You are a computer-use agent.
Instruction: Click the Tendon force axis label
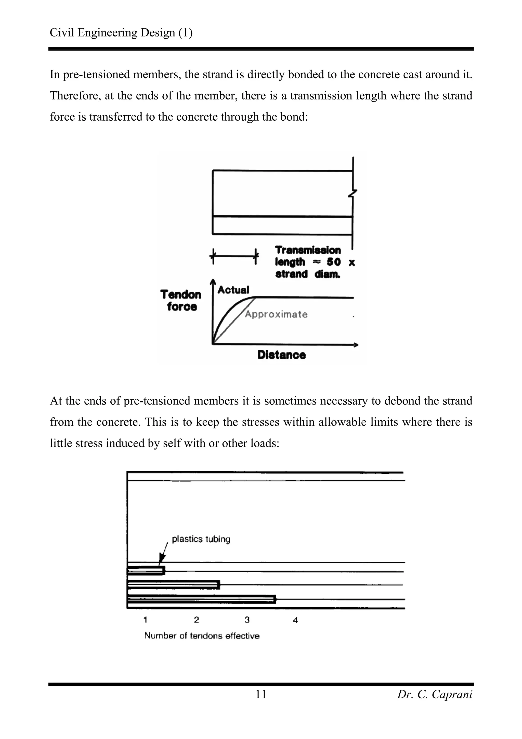[181, 300]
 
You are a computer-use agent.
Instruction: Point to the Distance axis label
[281, 355]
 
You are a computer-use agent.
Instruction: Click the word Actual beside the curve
[233, 290]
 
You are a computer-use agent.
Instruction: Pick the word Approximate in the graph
[276, 314]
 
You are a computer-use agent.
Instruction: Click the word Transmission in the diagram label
[308, 250]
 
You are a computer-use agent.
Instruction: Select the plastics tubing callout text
[201, 539]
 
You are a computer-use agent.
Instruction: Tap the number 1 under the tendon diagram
[145, 620]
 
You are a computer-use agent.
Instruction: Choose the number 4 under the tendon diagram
[295, 620]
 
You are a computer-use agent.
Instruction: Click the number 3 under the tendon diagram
[247, 620]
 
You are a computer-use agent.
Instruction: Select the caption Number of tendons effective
[202, 636]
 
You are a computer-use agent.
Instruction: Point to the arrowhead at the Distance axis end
[356, 345]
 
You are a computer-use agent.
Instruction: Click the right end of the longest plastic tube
[275, 599]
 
